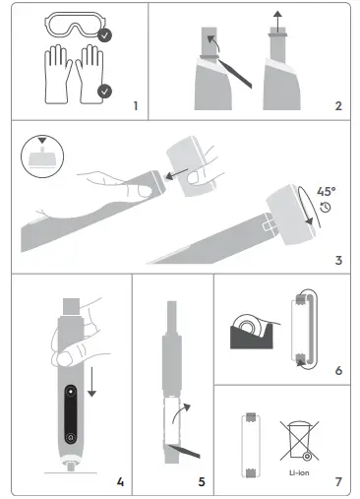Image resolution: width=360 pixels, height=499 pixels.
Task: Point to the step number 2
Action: click(x=336, y=105)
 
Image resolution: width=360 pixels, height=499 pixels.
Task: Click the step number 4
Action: click(x=120, y=481)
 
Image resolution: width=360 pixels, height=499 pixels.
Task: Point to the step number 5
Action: click(x=201, y=481)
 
